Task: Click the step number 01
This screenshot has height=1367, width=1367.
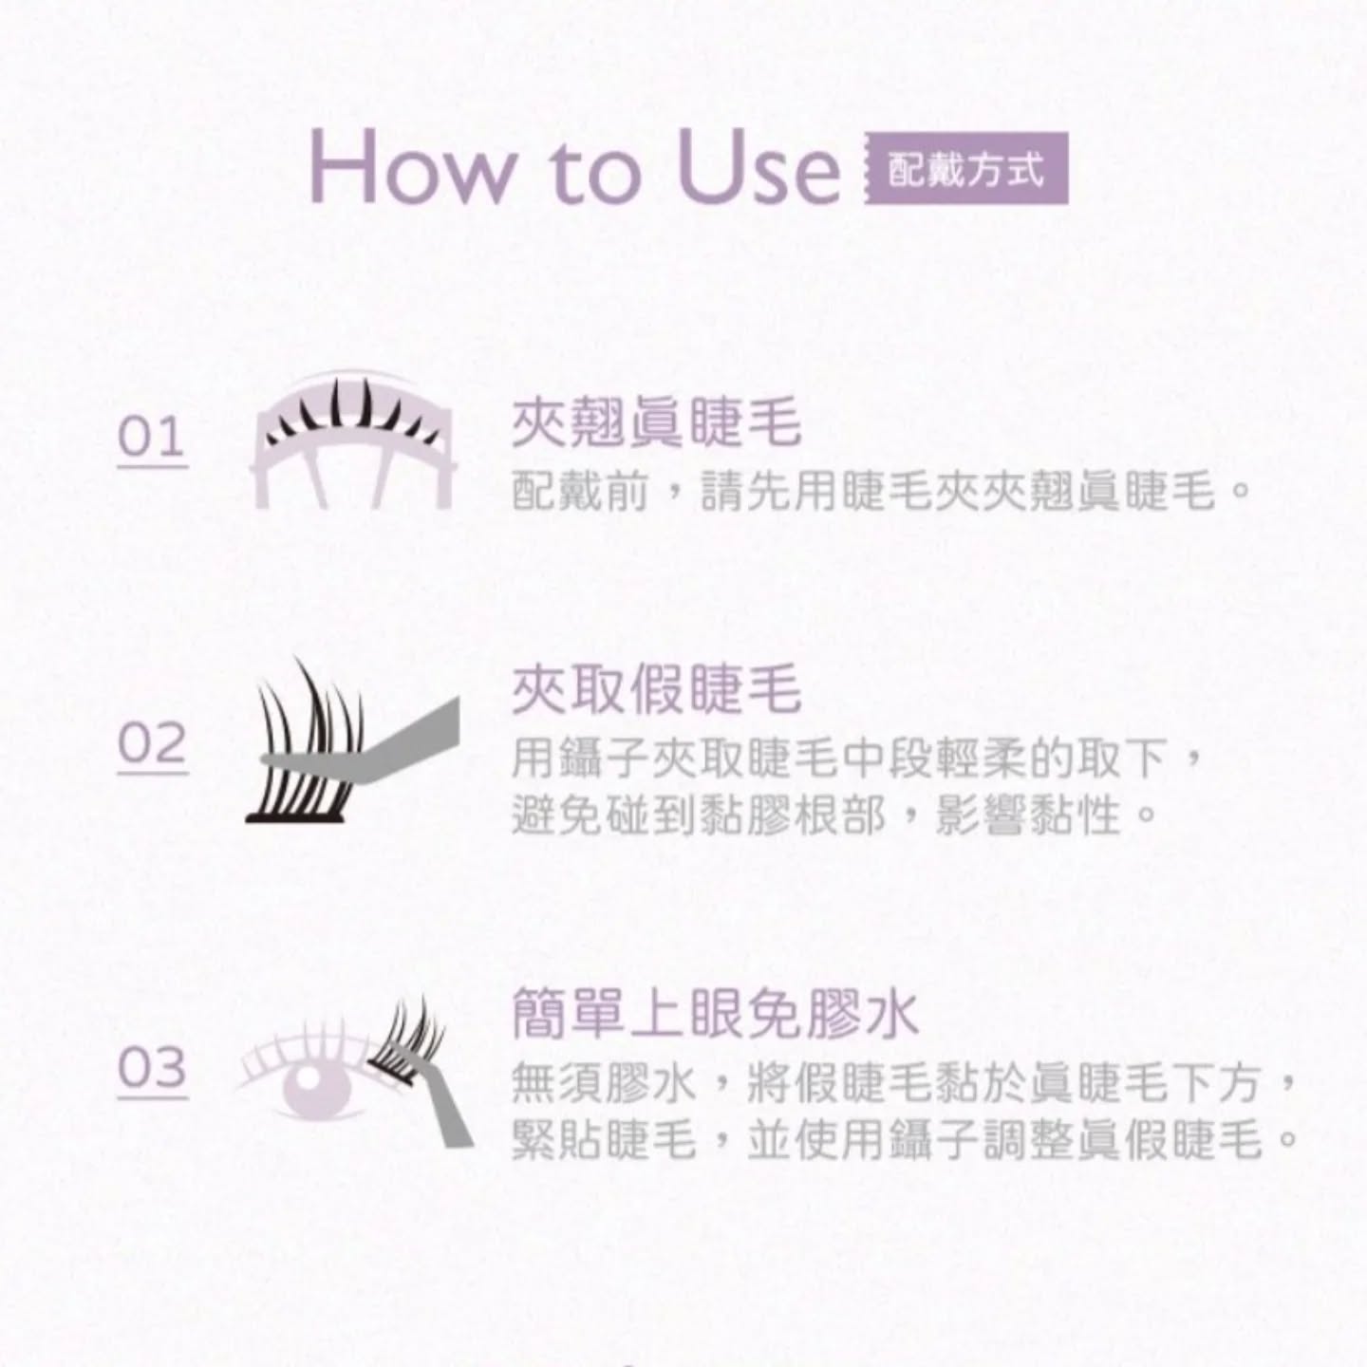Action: point(151,439)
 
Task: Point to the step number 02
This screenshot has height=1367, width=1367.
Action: point(152,744)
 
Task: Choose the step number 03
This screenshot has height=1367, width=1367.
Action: point(152,1069)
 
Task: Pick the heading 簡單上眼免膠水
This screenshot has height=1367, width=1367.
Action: point(714,1014)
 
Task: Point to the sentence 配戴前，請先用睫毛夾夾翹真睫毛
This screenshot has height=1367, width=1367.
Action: point(878,492)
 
